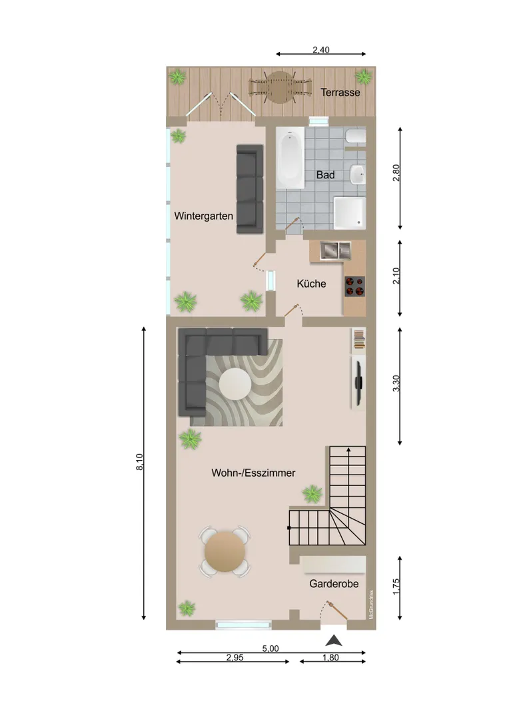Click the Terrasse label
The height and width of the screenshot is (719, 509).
340,93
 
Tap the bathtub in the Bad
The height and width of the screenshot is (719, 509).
290,158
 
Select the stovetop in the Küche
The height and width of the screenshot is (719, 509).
355,286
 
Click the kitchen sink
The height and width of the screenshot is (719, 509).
336,250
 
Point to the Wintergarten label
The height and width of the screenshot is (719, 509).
203,216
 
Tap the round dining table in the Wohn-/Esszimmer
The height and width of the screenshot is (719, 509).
225,552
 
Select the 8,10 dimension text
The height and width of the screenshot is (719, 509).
139,462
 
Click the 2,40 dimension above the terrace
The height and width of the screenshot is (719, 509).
321,49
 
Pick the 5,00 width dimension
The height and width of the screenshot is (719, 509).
270,648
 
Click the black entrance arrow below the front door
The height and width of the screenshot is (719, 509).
334,640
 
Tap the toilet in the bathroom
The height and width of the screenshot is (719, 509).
356,136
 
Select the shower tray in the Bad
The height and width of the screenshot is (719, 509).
350,213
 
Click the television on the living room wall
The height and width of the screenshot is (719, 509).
358,381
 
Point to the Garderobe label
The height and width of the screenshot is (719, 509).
334,584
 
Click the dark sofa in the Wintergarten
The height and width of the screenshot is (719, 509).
250,189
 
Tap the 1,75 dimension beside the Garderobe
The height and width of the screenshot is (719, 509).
396,587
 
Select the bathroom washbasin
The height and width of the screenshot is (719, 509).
358,174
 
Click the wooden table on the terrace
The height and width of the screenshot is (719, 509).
280,87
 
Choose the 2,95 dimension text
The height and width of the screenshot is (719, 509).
235,658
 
